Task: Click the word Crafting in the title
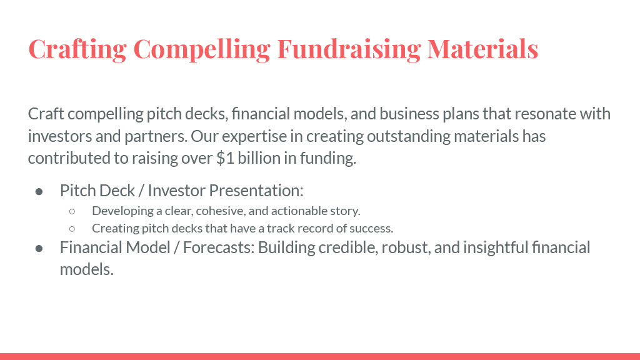coord(77,49)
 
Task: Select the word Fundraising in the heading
coord(349,49)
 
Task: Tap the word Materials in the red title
coord(483,49)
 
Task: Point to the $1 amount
coord(225,158)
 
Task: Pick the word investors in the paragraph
coord(60,136)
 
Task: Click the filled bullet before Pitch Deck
coord(39,191)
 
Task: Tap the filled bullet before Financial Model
coord(39,248)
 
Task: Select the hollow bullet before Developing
coord(72,211)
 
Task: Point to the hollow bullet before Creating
coord(72,229)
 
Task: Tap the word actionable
coord(294,211)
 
